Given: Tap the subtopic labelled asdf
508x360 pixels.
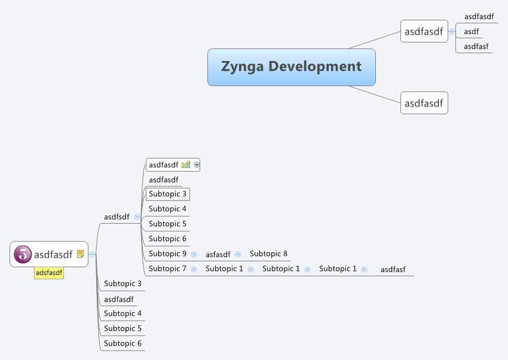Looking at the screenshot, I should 471,32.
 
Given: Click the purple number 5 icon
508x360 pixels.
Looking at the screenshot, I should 23,254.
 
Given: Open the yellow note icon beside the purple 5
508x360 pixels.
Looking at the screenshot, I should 80,254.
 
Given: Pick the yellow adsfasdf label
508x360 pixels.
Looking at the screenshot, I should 49,273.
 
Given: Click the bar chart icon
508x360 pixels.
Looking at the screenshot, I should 186,164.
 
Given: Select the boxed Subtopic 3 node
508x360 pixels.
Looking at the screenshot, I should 168,194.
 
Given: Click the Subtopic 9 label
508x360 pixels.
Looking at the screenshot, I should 167,254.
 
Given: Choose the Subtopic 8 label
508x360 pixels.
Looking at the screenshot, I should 268,254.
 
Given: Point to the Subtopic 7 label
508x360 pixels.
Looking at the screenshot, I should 167,269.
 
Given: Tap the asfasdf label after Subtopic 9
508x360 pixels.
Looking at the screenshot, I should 218,254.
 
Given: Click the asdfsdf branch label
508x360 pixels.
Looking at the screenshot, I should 117,216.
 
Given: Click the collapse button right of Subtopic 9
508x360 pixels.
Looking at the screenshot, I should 194,254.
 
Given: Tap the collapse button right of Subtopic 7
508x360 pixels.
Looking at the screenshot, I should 194,269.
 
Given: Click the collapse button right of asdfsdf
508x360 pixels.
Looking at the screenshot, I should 137,216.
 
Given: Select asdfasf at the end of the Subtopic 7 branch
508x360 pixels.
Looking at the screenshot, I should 393,269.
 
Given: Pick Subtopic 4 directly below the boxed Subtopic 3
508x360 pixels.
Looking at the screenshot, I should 167,209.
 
